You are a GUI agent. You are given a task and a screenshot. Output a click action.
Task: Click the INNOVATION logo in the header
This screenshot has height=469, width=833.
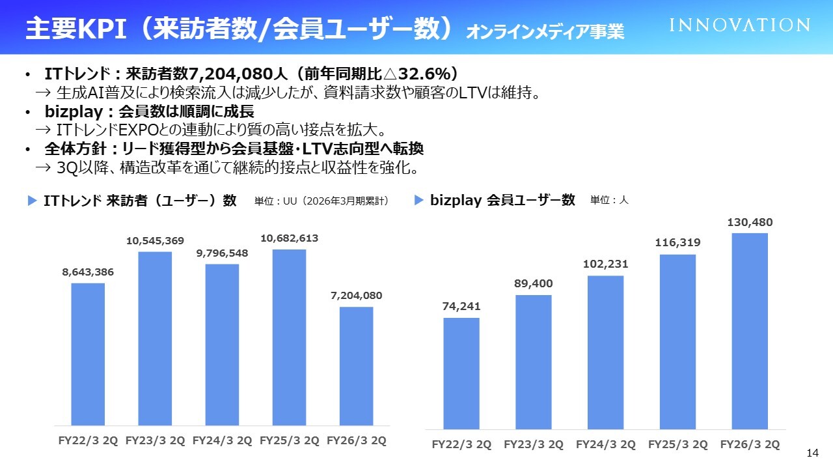[740, 25]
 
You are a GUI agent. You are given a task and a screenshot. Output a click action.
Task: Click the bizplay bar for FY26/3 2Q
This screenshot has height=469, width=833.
[750, 330]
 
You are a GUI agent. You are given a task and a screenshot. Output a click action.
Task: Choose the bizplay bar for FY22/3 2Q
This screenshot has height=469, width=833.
[461, 373]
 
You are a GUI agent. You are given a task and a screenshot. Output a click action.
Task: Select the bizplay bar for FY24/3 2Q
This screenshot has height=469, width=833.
[605, 352]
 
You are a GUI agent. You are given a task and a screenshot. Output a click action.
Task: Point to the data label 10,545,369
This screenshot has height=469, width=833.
[155, 241]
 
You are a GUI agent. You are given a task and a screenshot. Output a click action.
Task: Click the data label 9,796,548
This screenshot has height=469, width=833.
[222, 253]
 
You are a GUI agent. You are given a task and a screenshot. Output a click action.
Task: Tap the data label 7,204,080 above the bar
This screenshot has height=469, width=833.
[356, 296]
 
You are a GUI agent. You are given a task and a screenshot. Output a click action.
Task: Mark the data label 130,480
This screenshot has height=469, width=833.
[750, 223]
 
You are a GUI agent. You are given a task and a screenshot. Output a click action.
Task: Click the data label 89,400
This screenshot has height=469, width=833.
[534, 284]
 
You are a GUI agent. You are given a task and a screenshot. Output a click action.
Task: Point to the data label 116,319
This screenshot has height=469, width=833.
[677, 243]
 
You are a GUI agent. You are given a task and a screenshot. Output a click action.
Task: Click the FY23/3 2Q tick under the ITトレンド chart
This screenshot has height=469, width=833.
[155, 440]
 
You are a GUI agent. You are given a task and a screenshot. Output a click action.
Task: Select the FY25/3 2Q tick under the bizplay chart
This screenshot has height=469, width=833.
[677, 445]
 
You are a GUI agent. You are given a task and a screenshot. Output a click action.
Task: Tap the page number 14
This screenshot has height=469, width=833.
[812, 453]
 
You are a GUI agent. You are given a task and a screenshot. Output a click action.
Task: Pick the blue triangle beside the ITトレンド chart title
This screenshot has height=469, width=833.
[32, 201]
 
